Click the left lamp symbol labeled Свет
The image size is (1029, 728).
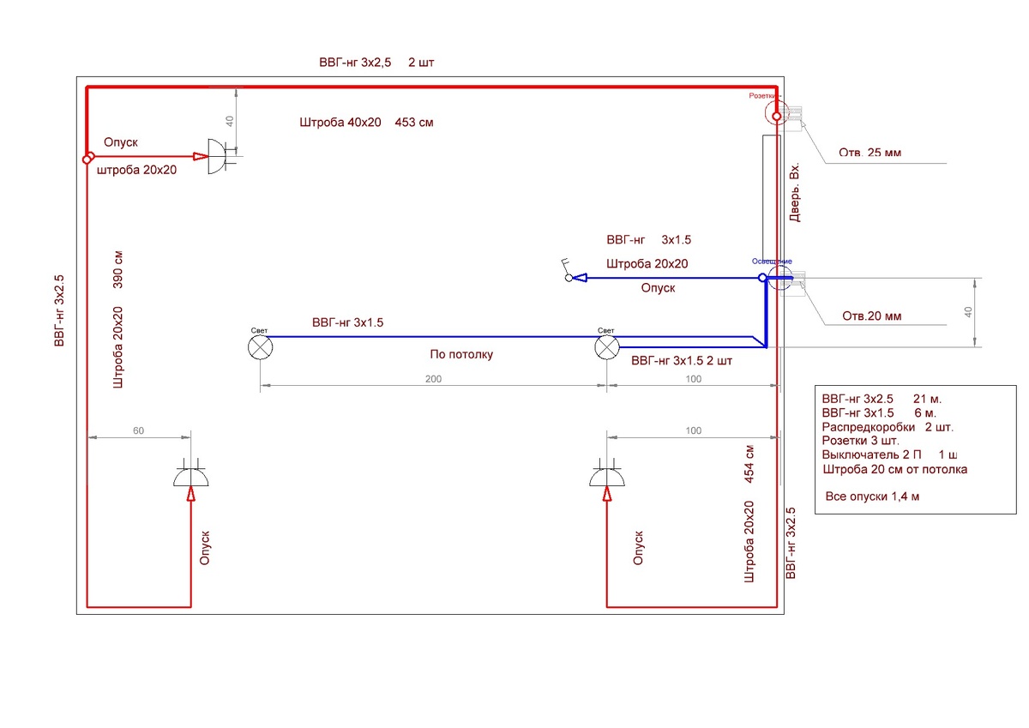point(261,347)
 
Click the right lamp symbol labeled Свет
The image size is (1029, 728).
point(607,347)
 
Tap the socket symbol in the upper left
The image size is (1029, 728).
point(219,157)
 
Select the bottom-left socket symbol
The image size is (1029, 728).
point(190,477)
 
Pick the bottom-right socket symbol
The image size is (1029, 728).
point(606,477)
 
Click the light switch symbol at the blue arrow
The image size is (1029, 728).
point(567,271)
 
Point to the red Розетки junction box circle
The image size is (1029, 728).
point(776,116)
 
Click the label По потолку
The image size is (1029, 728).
point(461,354)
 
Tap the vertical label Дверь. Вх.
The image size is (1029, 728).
point(795,192)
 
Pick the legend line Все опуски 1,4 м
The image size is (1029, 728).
point(871,496)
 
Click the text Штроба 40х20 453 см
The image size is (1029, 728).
point(366,123)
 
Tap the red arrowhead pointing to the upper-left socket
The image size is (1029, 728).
point(200,157)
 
